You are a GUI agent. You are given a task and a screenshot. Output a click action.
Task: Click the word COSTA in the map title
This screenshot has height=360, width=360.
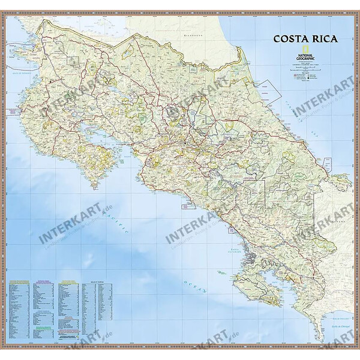coord(289,40)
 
